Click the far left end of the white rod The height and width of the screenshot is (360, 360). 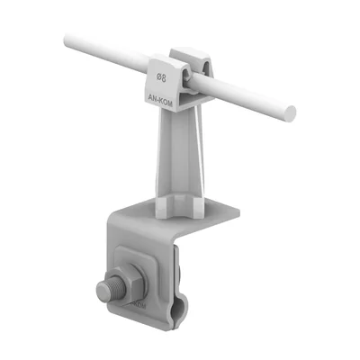(68, 40)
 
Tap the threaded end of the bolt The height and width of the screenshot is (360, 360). (103, 290)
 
